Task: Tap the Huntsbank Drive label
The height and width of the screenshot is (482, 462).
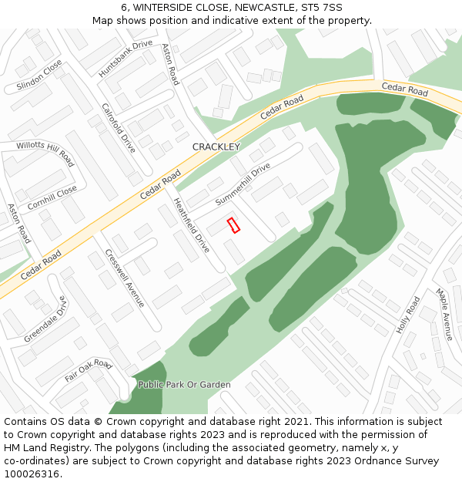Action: click(x=126, y=59)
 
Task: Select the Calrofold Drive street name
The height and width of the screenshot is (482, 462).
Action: click(x=119, y=127)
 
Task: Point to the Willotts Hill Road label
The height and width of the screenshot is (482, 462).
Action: click(x=45, y=153)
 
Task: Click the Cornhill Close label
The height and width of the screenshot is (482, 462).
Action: click(x=52, y=198)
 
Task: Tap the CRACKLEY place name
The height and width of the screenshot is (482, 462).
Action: click(x=216, y=147)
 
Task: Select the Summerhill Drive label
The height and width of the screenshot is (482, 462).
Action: click(x=243, y=184)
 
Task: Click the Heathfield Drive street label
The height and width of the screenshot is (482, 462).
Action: click(x=192, y=226)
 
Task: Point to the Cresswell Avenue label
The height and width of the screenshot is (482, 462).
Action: click(x=125, y=278)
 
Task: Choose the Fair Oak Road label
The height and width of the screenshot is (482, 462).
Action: click(x=89, y=370)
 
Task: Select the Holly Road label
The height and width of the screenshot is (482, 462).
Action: click(x=408, y=315)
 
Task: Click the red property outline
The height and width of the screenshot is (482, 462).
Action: click(x=234, y=225)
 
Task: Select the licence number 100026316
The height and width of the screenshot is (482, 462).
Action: click(x=31, y=474)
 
